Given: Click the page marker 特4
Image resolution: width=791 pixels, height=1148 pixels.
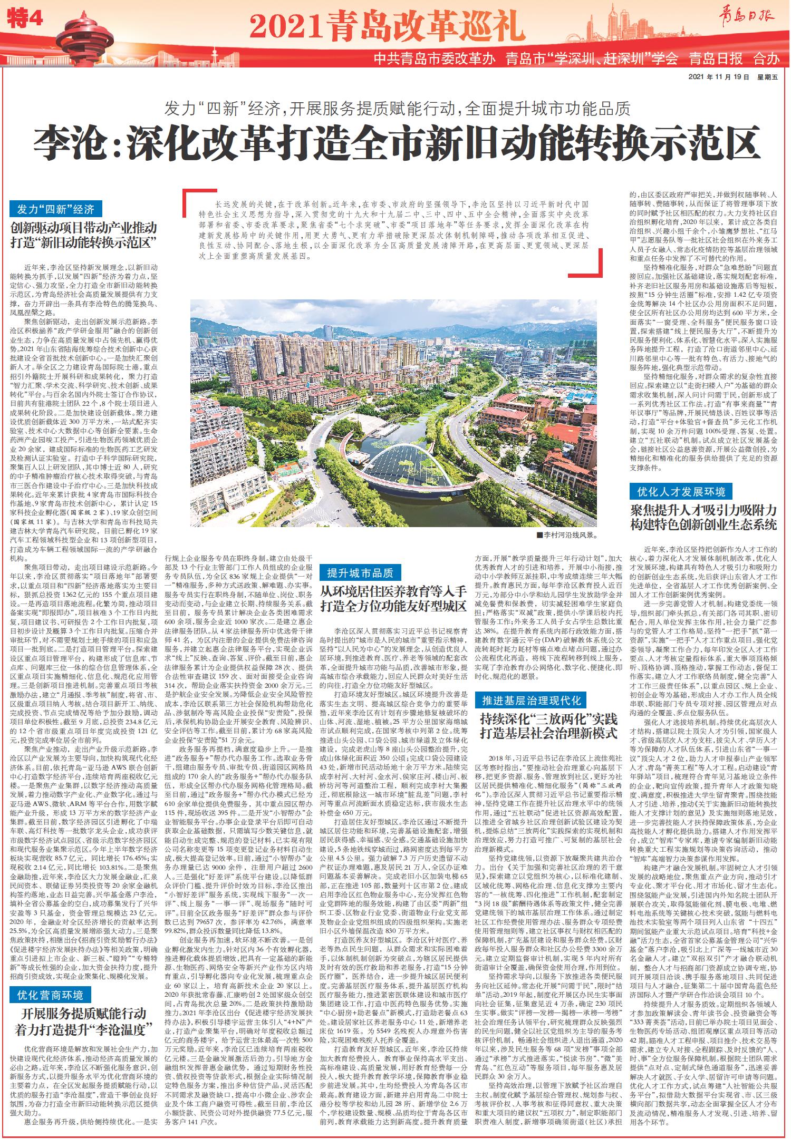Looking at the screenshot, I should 26,21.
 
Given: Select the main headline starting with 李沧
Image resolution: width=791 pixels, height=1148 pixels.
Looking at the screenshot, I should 394,141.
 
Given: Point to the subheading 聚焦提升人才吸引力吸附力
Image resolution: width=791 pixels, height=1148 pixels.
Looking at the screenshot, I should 704,511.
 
